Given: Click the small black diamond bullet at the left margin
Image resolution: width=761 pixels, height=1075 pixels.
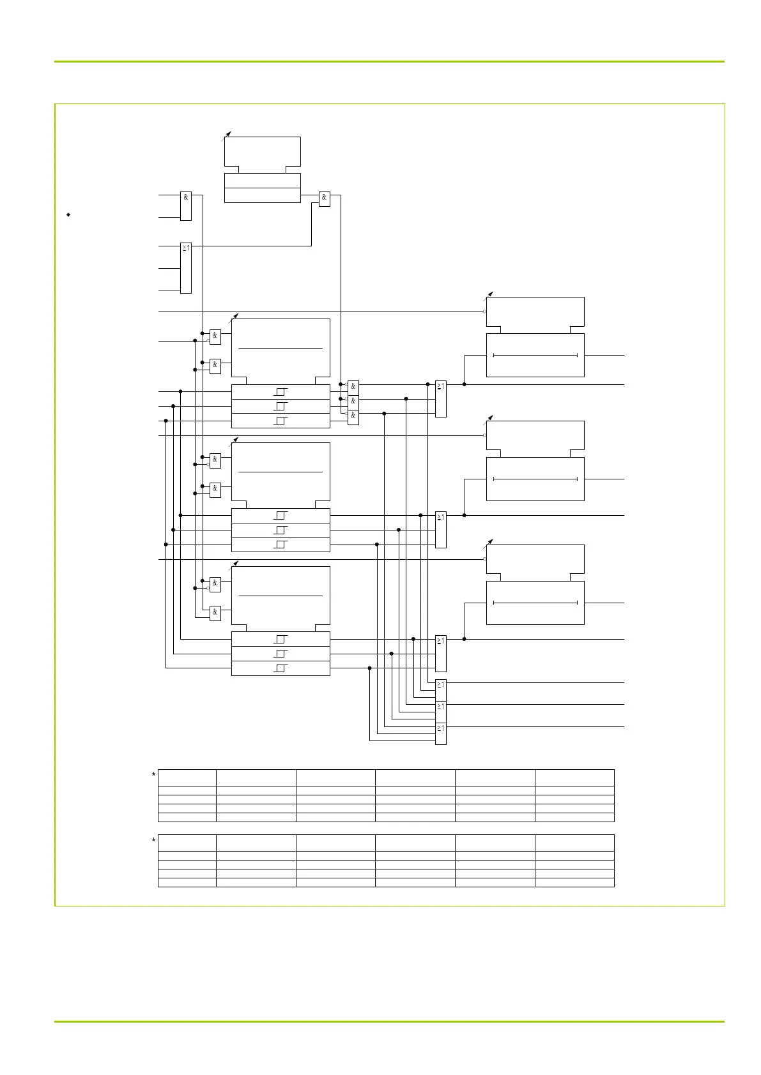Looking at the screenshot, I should tap(68, 215).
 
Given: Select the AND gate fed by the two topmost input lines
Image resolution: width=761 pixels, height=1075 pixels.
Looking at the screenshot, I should tap(186, 206).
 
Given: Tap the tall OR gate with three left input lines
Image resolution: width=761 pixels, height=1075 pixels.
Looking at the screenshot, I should tap(186, 267).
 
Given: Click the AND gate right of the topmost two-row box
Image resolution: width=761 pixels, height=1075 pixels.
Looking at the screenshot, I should tap(324, 199).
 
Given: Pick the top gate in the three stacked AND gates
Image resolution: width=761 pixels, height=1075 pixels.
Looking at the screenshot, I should tap(353, 387).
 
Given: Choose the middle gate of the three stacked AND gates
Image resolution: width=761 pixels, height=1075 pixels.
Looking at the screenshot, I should tap(353, 402).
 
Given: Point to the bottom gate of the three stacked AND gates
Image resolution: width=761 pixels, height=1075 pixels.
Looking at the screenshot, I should tap(353, 416).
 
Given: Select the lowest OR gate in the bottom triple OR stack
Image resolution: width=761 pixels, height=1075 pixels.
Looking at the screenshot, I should tap(440, 733).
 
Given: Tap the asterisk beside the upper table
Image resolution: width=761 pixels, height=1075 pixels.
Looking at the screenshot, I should tap(153, 776).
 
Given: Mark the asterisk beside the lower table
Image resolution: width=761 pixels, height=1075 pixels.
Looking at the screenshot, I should tap(153, 841).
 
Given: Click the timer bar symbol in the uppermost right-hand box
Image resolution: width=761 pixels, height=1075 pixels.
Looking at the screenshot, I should tap(535, 355).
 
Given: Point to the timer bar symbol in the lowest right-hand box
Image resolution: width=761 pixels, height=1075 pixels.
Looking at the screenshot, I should tap(535, 603).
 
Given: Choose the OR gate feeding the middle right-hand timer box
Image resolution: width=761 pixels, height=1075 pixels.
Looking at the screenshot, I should tap(440, 529).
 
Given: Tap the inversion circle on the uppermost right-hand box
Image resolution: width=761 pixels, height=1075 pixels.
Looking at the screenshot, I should tap(485, 312).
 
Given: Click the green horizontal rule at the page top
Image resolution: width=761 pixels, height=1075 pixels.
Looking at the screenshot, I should tap(389, 62).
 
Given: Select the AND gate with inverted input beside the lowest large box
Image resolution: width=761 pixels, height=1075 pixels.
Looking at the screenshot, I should tap(215, 583).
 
